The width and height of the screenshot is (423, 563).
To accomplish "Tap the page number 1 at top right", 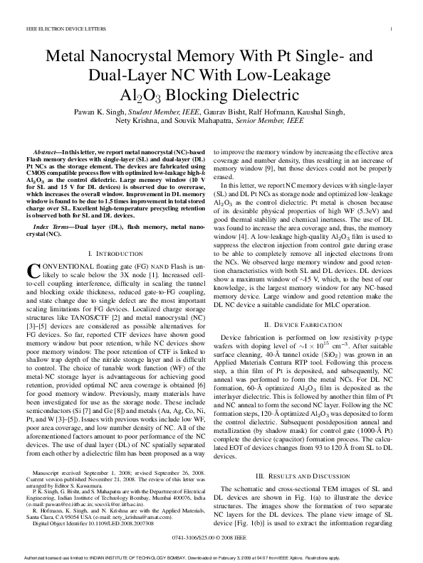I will (x=392, y=29).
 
